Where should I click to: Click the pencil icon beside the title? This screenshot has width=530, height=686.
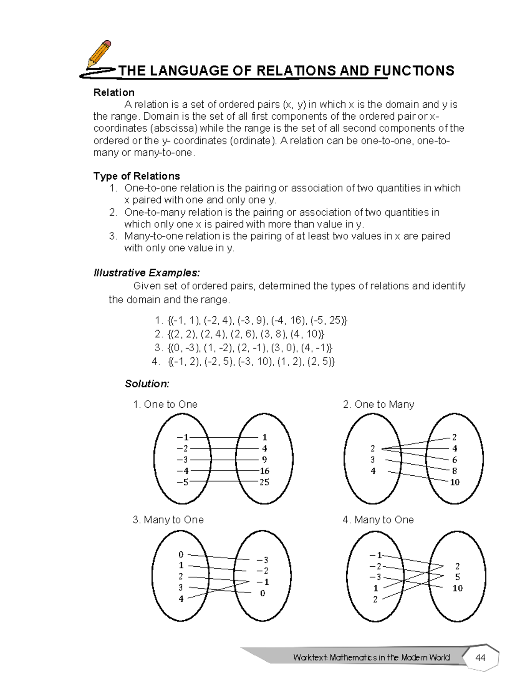(x=99, y=56)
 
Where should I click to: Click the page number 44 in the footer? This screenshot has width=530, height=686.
(x=480, y=658)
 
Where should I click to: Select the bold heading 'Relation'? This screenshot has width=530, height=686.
(x=114, y=92)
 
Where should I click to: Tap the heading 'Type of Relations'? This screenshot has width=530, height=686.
(x=136, y=176)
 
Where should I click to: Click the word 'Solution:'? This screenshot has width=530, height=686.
(x=147, y=383)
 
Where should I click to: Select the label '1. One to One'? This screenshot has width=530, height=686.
(x=165, y=404)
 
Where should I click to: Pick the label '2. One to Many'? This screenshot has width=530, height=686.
(x=379, y=404)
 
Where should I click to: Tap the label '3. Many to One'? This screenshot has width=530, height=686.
(x=168, y=519)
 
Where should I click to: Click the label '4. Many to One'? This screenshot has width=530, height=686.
(x=378, y=519)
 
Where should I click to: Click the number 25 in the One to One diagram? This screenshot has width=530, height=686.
(x=264, y=482)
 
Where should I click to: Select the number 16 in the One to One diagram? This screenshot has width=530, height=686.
(x=264, y=471)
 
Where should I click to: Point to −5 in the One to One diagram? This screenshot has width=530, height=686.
(x=182, y=482)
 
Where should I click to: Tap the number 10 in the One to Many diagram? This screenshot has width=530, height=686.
(x=454, y=482)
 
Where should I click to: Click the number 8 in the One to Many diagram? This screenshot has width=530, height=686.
(x=454, y=471)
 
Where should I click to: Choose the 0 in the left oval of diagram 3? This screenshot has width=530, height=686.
(x=181, y=554)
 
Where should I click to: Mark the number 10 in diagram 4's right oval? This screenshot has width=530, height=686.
(x=457, y=588)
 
